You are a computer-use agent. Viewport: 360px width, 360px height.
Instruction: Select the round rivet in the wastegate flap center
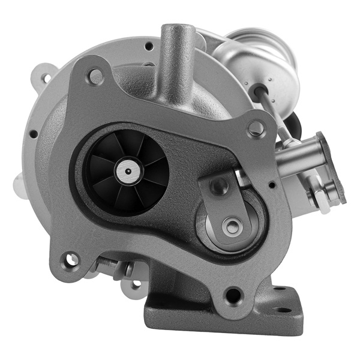click(230, 226)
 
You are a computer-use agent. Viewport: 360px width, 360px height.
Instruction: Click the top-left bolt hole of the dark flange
click(95, 76)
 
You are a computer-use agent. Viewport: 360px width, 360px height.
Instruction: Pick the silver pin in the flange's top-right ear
click(256, 128)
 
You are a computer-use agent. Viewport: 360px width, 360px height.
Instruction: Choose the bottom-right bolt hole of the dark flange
click(232, 295)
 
